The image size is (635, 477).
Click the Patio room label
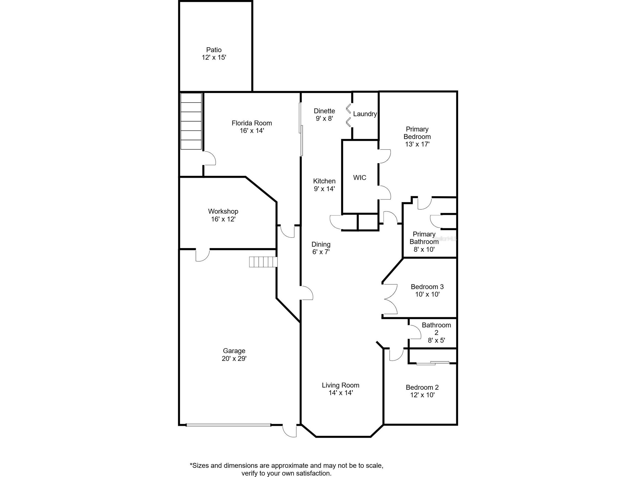point(214,50)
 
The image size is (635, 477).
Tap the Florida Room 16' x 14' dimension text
point(252,131)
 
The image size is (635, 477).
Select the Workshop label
point(223,211)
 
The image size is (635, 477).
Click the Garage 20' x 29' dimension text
point(234,358)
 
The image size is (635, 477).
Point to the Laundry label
point(365,114)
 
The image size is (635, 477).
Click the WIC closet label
point(360,178)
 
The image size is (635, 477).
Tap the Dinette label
point(324,111)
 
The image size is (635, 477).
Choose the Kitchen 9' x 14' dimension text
point(324,189)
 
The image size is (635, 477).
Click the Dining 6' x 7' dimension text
point(321,252)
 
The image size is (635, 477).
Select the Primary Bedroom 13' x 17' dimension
point(417,144)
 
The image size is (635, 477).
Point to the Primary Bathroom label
point(424,238)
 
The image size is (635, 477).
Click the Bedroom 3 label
point(427,287)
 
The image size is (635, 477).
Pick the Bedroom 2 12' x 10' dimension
point(422,395)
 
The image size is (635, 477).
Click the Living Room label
point(340,385)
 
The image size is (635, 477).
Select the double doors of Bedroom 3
point(390,299)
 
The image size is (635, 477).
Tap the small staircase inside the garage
point(263,262)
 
